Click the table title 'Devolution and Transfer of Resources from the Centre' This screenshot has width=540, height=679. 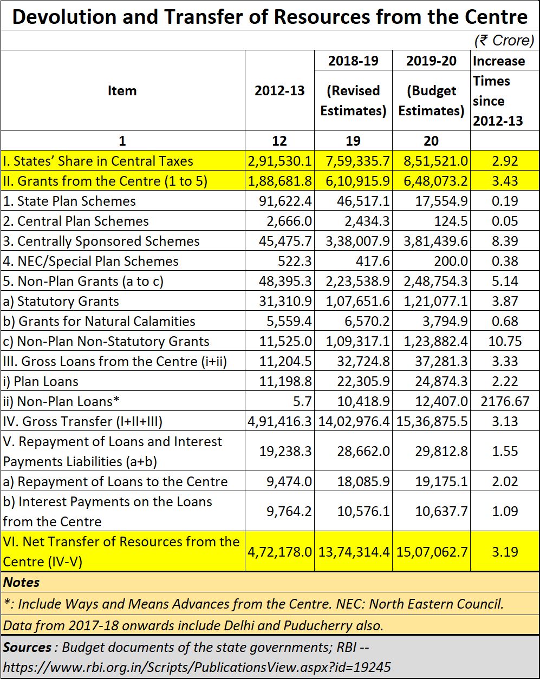tap(270, 16)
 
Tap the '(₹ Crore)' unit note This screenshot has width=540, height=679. tap(504, 41)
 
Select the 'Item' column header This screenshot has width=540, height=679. tap(122, 90)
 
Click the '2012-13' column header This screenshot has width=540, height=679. tap(279, 90)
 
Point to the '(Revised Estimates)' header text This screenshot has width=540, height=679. tap(353, 101)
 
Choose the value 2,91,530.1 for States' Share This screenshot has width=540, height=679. tap(279, 161)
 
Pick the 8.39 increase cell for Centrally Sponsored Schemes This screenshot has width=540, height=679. tap(505, 241)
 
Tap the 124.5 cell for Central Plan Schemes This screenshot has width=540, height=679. tap(451, 221)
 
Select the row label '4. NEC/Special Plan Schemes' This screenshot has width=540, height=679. tap(90, 261)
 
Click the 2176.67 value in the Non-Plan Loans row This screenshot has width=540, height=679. tap(505, 401)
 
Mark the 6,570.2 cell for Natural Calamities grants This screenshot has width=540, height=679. tap(367, 321)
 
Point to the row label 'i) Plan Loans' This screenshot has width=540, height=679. tap(41, 382)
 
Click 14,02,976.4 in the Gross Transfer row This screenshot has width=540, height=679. tap(354, 422)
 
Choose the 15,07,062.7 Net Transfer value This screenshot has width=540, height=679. tap(432, 552)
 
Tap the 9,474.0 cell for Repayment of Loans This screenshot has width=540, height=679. tap(289, 481)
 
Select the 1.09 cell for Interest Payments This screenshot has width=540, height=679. tap(505, 511)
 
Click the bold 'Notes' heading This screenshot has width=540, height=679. tap(21, 583)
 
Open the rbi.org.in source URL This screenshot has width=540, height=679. tap(197, 667)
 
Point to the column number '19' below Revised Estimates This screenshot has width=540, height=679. tap(353, 141)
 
